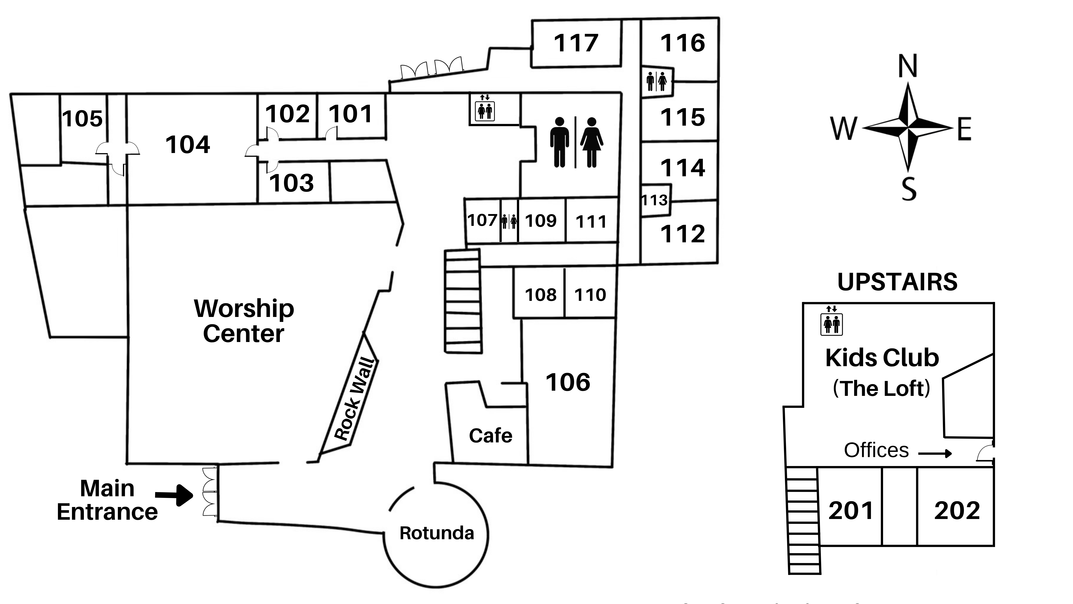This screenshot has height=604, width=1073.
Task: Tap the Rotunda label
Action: (437, 533)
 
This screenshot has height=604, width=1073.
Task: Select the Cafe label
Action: (490, 436)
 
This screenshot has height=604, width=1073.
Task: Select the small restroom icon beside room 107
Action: (509, 221)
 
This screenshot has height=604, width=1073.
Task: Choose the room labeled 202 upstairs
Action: (957, 511)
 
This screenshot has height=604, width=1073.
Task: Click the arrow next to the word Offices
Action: (935, 453)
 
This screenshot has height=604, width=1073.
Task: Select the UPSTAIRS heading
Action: (897, 282)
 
